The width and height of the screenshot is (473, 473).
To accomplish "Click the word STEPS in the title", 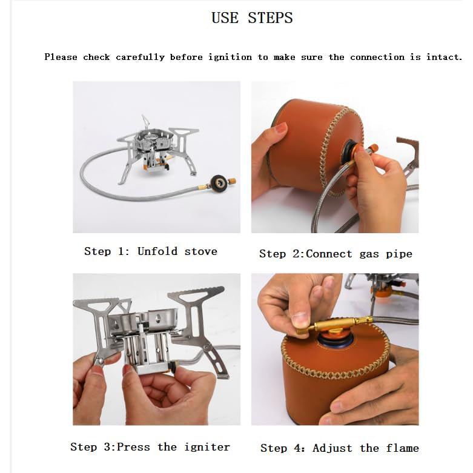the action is click(x=270, y=18).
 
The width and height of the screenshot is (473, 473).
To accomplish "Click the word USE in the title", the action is click(x=225, y=18).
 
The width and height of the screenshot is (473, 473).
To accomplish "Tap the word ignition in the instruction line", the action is click(x=230, y=58).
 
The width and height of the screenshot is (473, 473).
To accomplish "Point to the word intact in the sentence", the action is click(x=444, y=57).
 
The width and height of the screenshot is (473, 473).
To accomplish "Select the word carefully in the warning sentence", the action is click(x=141, y=58).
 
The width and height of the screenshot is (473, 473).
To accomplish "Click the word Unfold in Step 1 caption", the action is click(x=157, y=251).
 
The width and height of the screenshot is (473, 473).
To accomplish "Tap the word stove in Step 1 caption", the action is click(x=200, y=251).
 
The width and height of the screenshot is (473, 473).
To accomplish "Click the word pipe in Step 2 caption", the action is click(x=399, y=254).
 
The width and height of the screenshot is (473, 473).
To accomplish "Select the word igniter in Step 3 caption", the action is click(x=207, y=447).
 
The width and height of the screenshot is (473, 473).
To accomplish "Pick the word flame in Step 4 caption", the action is click(x=402, y=448).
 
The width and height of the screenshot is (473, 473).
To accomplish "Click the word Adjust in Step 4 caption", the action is click(x=332, y=448).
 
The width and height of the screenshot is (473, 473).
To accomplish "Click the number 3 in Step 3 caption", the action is click(x=107, y=447).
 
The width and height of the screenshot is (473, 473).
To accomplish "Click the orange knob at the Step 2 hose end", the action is click(x=373, y=148).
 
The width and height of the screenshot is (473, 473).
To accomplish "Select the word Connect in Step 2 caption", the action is click(x=329, y=254).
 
